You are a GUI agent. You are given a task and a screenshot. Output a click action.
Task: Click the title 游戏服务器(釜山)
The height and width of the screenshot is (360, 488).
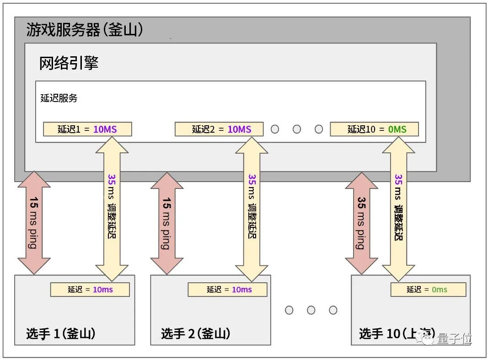pos(85,30)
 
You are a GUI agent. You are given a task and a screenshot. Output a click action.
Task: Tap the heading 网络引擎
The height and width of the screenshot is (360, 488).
pos(69,63)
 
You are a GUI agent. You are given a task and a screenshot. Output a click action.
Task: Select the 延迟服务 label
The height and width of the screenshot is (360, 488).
pos(59,98)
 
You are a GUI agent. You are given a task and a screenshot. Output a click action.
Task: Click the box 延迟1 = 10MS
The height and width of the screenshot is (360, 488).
pos(87,129)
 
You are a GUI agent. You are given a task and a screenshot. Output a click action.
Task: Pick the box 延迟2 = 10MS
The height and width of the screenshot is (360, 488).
pos(219,129)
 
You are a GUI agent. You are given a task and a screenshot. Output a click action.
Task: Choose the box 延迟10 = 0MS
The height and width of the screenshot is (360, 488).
pos(374,129)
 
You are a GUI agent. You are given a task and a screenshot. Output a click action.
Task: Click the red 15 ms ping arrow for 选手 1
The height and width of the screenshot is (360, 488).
pos(34,223)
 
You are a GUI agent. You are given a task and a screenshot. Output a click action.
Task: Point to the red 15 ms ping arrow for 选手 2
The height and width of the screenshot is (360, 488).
pos(166,223)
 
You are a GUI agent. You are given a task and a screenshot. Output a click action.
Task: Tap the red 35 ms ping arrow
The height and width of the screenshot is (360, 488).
pos(361,223)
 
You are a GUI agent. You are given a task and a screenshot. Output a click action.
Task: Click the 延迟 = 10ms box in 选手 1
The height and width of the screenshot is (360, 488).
pos(90,290)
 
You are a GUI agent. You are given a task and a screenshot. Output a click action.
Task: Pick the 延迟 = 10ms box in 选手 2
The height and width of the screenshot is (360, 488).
pos(227,290)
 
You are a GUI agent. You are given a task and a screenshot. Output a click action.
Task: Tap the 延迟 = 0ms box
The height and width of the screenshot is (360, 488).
pos(428,290)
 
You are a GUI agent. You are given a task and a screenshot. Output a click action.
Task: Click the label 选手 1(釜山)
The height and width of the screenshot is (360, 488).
pos(60,334)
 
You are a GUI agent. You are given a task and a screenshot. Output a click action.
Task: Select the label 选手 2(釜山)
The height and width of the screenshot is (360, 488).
pos(195,334)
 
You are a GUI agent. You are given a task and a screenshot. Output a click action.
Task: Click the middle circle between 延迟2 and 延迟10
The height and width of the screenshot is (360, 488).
pos(297,129)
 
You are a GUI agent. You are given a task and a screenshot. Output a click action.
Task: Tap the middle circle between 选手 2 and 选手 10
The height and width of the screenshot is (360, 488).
pos(311,310)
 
